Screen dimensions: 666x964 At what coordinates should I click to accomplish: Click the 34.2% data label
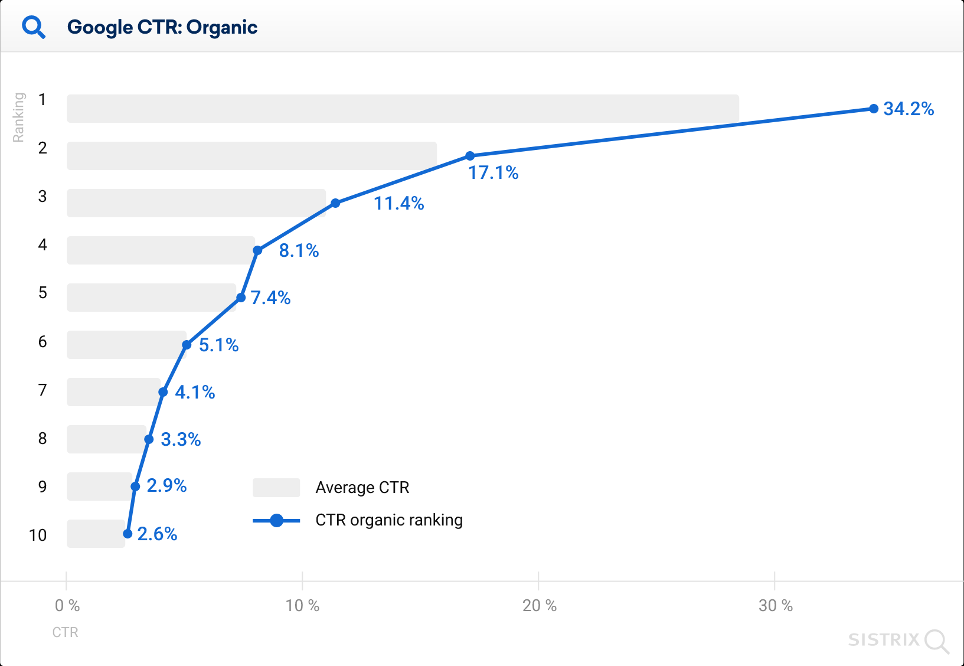point(908,109)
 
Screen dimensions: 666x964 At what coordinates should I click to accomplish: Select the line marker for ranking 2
point(470,156)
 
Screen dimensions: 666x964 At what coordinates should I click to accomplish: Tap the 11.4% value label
point(398,204)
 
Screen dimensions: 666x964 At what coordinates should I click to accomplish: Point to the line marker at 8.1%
point(257,250)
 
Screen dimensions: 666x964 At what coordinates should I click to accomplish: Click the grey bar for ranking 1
point(403,109)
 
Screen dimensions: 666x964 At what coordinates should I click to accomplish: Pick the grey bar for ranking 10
point(96,534)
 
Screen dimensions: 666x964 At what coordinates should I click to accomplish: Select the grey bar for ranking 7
point(113,392)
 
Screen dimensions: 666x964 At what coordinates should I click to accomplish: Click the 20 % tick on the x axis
point(539,605)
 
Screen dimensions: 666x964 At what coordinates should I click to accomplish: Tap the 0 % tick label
point(67,605)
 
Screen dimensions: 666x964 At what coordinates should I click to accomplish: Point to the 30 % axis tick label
point(775,605)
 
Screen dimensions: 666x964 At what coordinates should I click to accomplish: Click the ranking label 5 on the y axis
point(43,293)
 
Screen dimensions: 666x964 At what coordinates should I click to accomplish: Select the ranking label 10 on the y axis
point(38,535)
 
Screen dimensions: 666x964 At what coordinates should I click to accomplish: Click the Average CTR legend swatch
point(276,488)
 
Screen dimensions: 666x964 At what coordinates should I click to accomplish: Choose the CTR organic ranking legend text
point(389,520)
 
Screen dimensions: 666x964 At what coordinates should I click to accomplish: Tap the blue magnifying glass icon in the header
point(34,27)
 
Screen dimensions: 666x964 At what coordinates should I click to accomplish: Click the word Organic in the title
point(222,27)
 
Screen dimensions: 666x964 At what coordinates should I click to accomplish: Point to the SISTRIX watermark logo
point(897,640)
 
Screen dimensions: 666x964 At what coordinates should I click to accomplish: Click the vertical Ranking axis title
point(19,117)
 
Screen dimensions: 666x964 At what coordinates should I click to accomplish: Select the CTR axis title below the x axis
point(65,632)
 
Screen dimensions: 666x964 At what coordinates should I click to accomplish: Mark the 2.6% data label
point(157,534)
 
